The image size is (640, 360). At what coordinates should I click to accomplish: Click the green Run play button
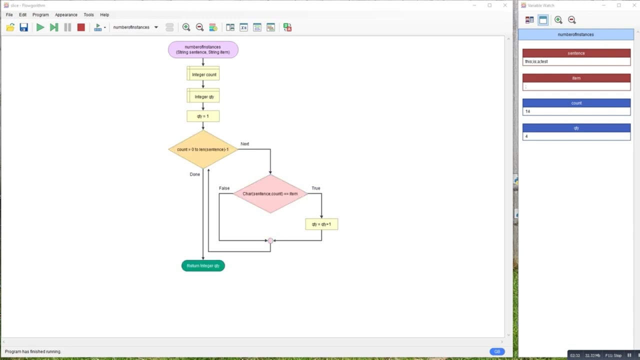tap(40, 27)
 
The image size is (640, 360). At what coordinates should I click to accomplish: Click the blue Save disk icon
tap(23, 27)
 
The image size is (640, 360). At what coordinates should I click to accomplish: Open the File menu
tap(9, 15)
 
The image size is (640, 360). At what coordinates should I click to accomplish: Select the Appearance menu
tap(66, 15)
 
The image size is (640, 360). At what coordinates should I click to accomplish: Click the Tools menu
tap(88, 15)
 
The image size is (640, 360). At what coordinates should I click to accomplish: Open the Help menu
tap(104, 15)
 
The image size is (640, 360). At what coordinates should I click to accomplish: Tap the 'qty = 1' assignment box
tap(203, 116)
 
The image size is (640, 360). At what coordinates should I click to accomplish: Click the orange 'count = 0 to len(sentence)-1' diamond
tap(203, 149)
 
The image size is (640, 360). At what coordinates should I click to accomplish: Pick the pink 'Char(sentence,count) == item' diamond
tap(270, 193)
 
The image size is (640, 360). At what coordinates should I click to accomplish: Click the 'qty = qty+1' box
tap(321, 224)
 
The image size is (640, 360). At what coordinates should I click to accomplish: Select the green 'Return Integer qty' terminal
tap(203, 265)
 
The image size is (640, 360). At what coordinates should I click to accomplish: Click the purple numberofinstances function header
tap(203, 49)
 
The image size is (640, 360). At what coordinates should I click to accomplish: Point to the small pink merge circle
tap(270, 240)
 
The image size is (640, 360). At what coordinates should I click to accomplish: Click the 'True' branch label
tap(316, 188)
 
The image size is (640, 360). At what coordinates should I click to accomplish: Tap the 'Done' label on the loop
tap(195, 174)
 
